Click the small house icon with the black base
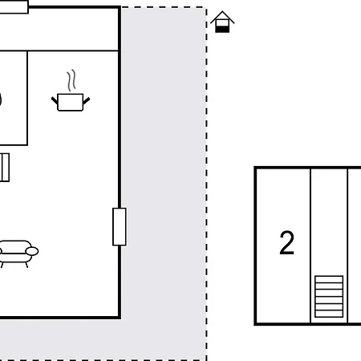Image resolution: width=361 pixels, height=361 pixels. (x=222, y=22)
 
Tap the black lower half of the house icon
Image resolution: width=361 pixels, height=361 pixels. (x=222, y=29)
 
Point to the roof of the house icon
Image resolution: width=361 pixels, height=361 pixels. (x=222, y=18)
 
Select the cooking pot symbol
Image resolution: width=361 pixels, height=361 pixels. (x=71, y=91)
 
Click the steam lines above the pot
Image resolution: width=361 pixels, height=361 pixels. (x=71, y=80)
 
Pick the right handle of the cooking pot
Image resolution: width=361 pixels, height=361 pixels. (x=87, y=101)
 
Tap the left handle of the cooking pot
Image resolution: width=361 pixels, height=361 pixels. (x=55, y=101)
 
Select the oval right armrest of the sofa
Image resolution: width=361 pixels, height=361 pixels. (x=32, y=251)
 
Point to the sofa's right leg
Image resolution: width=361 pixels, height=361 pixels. (x=26, y=265)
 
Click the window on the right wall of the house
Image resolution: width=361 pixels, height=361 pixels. (x=120, y=226)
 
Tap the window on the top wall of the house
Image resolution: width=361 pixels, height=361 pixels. (x=14, y=7)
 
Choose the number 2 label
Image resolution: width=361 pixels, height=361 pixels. (x=286, y=243)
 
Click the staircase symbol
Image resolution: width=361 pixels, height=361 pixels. (x=329, y=297)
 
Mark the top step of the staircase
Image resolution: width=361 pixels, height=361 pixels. (x=329, y=279)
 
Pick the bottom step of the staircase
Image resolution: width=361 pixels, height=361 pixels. (x=329, y=314)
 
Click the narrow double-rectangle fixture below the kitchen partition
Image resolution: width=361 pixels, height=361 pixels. (x=5, y=168)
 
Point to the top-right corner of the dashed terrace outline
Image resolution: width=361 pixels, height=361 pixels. (x=206, y=7)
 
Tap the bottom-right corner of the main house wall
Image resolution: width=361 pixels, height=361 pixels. (x=120, y=318)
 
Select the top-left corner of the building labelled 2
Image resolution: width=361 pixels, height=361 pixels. (x=255, y=168)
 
